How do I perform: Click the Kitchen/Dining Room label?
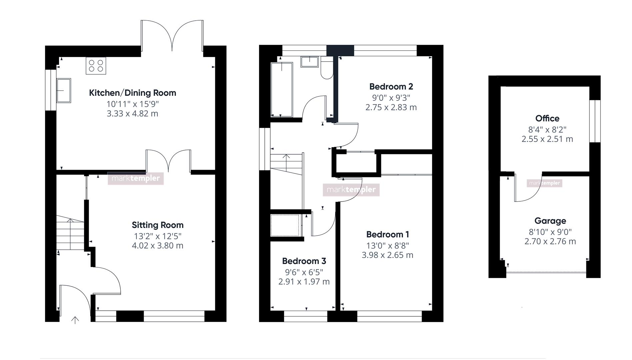pyautogui.click(x=132, y=93)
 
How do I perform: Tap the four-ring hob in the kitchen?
pyautogui.click(x=96, y=66)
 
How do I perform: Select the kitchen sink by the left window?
pyautogui.click(x=64, y=90)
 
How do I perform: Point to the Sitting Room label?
pyautogui.click(x=158, y=225)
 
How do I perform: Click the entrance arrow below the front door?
pyautogui.click(x=75, y=320)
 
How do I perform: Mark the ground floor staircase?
pyautogui.click(x=70, y=233)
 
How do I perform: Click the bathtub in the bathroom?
pyautogui.click(x=282, y=89)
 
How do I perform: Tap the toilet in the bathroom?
pyautogui.click(x=327, y=68)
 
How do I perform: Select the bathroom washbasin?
pyautogui.click(x=309, y=62)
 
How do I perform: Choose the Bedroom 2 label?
pyautogui.click(x=391, y=87)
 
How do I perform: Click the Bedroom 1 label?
pyautogui.click(x=388, y=234)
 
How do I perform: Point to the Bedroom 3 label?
pyautogui.click(x=304, y=261)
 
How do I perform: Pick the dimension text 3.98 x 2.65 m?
pyautogui.click(x=387, y=255)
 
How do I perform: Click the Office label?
pyautogui.click(x=547, y=118)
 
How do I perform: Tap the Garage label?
pyautogui.click(x=550, y=221)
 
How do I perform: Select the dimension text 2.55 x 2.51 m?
pyautogui.click(x=547, y=139)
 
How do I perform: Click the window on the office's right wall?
pyautogui.click(x=595, y=121)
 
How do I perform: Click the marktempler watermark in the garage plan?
pyautogui.click(x=544, y=183)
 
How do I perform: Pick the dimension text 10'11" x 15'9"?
pyautogui.click(x=132, y=104)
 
